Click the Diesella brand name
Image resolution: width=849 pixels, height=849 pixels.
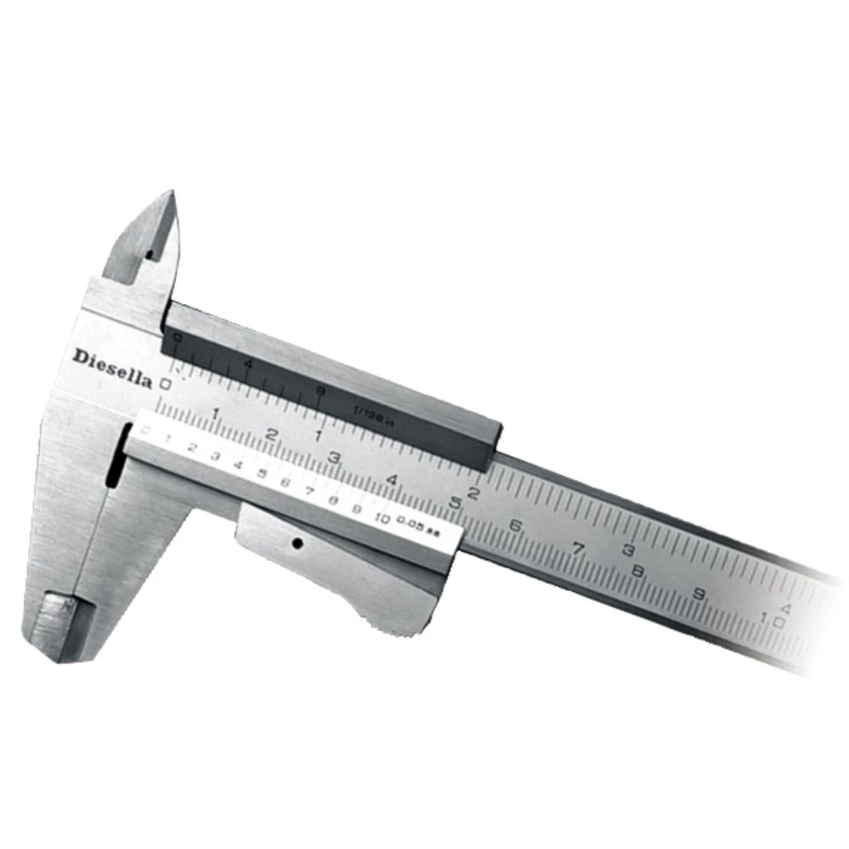pyautogui.click(x=111, y=368)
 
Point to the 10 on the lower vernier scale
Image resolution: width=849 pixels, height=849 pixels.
pyautogui.click(x=381, y=519)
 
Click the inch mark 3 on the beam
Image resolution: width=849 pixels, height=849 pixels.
pyautogui.click(x=629, y=550)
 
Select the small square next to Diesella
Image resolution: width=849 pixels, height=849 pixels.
pyautogui.click(x=166, y=384)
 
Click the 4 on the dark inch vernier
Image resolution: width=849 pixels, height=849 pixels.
pyautogui.click(x=247, y=364)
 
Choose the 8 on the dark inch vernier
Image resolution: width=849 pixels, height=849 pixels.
pyautogui.click(x=319, y=391)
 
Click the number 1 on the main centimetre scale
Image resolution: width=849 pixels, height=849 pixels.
pyautogui.click(x=216, y=413)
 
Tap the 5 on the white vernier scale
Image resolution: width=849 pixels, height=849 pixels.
pyautogui.click(x=261, y=474)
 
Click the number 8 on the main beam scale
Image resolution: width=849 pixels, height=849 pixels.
pyautogui.click(x=638, y=571)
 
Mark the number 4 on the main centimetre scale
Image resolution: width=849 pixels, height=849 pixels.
pyautogui.click(x=391, y=480)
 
